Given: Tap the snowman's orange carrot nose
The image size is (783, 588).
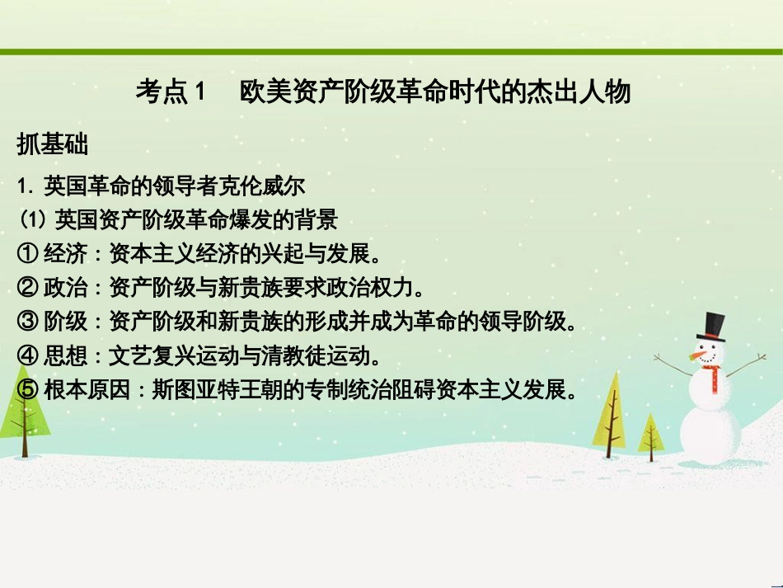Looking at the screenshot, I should tap(700, 355).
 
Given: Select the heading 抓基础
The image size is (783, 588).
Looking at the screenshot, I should tap(52, 145).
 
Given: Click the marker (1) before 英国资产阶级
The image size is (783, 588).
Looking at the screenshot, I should tap(32, 220).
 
